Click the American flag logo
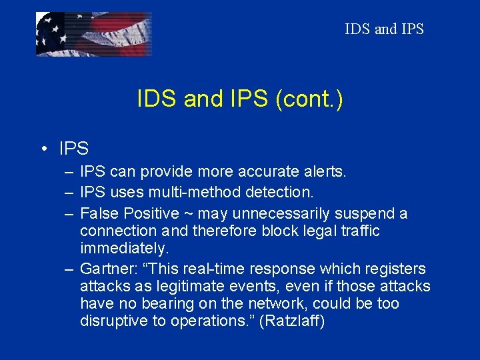93,34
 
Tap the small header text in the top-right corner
384,29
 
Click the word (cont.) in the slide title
308,99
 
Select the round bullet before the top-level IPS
43,148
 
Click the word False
99,213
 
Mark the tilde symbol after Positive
189,214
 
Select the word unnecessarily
288,213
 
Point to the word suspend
367,213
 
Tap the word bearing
165,303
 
